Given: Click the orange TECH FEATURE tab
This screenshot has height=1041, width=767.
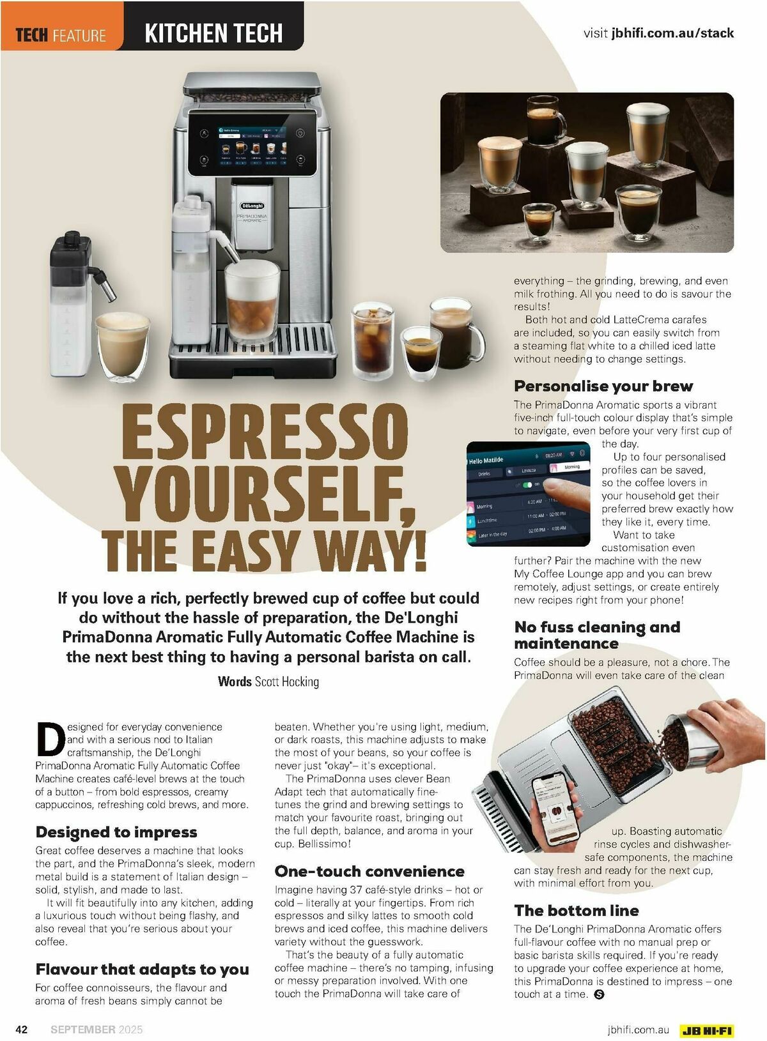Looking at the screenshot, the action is (x=62, y=26).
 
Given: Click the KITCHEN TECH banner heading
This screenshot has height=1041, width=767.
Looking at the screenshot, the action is (x=213, y=33).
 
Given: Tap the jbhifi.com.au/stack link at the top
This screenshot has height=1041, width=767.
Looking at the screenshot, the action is (x=672, y=33).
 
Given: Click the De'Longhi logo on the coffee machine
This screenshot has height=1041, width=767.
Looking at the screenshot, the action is (x=252, y=206).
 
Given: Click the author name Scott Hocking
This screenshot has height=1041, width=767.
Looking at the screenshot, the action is (x=287, y=682).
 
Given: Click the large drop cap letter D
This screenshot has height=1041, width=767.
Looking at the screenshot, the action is (x=50, y=739).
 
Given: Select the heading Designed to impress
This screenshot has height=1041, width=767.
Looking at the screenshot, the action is (x=116, y=832).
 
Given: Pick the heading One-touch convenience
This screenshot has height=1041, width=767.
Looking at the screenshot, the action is (x=369, y=871).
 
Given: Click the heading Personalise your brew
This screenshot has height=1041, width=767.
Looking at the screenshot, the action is (x=603, y=386).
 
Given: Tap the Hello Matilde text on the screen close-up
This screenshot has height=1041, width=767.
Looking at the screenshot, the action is (x=486, y=460).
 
